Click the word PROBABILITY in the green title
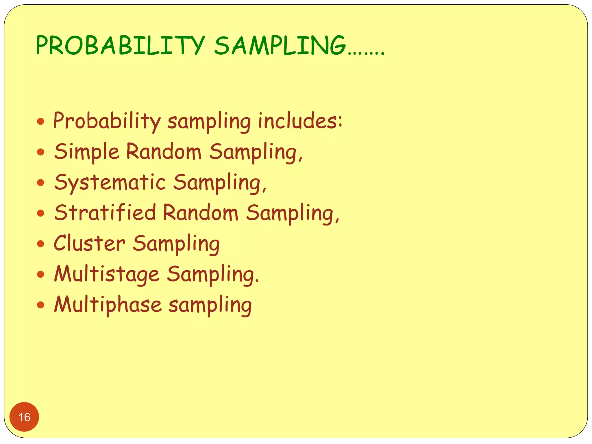(x=120, y=45)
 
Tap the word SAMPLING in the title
(x=280, y=45)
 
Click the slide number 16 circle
(x=24, y=417)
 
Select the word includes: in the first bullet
(x=300, y=121)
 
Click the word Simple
(x=87, y=152)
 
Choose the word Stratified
(x=105, y=213)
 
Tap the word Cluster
(x=89, y=243)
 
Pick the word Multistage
(x=107, y=274)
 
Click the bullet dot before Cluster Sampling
(x=41, y=244)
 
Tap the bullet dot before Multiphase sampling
(x=41, y=305)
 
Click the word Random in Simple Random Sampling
(x=164, y=151)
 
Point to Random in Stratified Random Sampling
(x=201, y=213)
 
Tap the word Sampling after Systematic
(x=220, y=183)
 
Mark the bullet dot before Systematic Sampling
(x=41, y=182)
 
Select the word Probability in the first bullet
(x=107, y=121)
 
